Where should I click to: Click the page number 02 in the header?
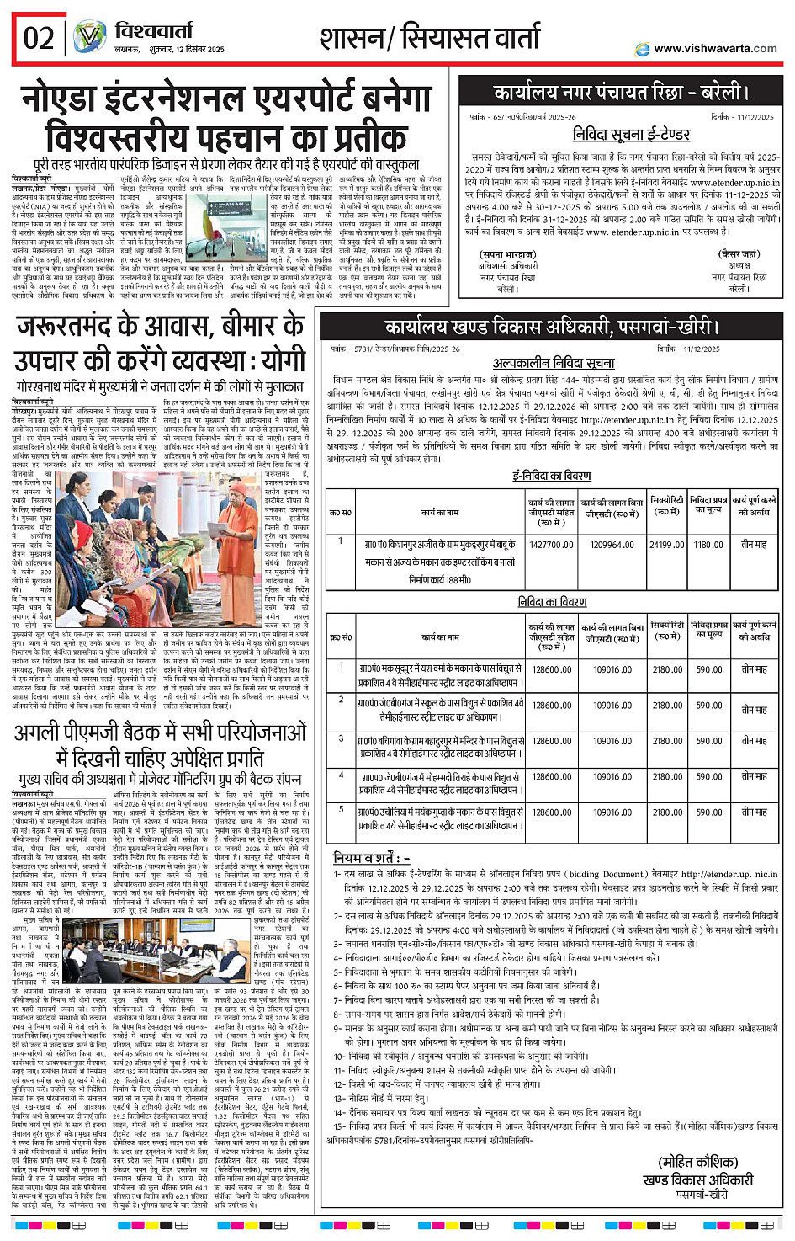coord(39,38)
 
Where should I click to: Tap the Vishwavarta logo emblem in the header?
coord(89,38)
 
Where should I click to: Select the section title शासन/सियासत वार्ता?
coord(429,38)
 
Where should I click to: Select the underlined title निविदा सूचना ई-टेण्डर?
coord(631,135)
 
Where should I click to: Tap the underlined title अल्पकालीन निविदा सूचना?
coord(553,363)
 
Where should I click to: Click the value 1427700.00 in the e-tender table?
coord(551,545)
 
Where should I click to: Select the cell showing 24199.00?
coord(666,545)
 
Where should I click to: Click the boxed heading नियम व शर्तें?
coord(371,858)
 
